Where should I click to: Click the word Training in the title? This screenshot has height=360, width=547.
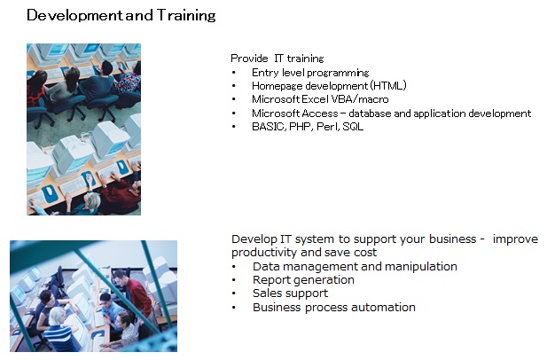186,16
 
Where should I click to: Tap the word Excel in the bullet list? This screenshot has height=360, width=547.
315,99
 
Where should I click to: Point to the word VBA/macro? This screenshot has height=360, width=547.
360,99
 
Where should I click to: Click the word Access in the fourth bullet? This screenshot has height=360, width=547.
320,113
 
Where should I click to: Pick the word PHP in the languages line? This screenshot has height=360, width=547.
300,126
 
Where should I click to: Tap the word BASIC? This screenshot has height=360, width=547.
269,126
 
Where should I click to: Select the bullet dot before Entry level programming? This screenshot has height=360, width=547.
233,73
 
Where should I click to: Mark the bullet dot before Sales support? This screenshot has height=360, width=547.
233,293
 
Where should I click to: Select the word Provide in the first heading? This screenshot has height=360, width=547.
249,59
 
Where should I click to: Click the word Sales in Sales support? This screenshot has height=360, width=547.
267,293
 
